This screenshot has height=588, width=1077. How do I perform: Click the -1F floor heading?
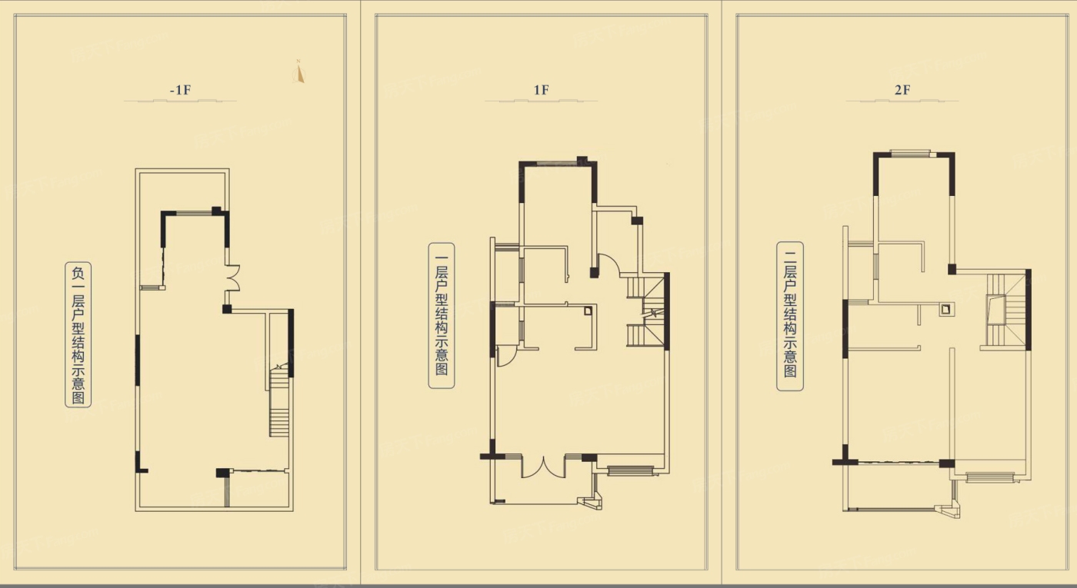coord(180,90)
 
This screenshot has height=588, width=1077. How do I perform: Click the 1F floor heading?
coord(542,90)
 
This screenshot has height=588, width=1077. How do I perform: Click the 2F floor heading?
coord(902,90)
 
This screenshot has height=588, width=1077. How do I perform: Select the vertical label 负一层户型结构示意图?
coord(78,335)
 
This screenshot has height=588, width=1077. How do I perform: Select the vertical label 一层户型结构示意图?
coord(442,316)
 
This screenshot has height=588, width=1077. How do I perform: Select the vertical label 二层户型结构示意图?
coord(790,316)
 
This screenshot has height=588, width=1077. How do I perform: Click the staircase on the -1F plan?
coord(278,401)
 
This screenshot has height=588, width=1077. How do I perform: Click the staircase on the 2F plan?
coord(1005,310)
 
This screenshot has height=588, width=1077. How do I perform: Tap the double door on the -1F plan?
coord(233,278)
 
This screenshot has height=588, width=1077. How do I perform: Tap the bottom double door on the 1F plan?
coord(543,467)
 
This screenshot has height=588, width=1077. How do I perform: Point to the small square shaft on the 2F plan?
coord(945,309)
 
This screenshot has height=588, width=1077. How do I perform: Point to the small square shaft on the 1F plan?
coord(588,311)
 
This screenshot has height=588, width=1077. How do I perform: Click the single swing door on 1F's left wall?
coord(506,356)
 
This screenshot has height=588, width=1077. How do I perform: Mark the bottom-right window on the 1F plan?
coord(630,470)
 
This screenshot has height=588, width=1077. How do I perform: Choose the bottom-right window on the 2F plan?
coord(990,477)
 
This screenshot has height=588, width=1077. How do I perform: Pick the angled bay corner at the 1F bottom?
coord(592,500)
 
